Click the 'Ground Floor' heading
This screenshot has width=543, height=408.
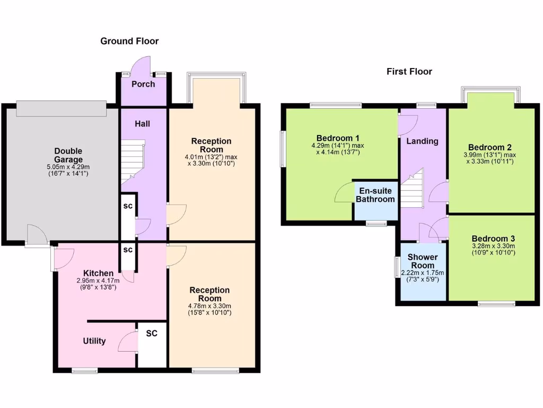(129, 41)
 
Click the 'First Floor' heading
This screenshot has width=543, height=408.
(409, 71)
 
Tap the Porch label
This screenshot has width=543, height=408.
(143, 84)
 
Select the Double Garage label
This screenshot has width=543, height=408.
(68, 155)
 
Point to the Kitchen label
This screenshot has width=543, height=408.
(94, 273)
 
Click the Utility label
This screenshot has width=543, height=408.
(94, 341)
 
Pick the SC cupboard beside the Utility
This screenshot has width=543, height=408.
(152, 334)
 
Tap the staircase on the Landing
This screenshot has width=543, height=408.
(411, 189)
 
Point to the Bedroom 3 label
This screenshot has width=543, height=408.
(493, 239)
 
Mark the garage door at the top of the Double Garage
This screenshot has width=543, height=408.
(60, 108)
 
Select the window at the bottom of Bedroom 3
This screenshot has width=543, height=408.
(496, 304)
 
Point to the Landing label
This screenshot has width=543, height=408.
(422, 141)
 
